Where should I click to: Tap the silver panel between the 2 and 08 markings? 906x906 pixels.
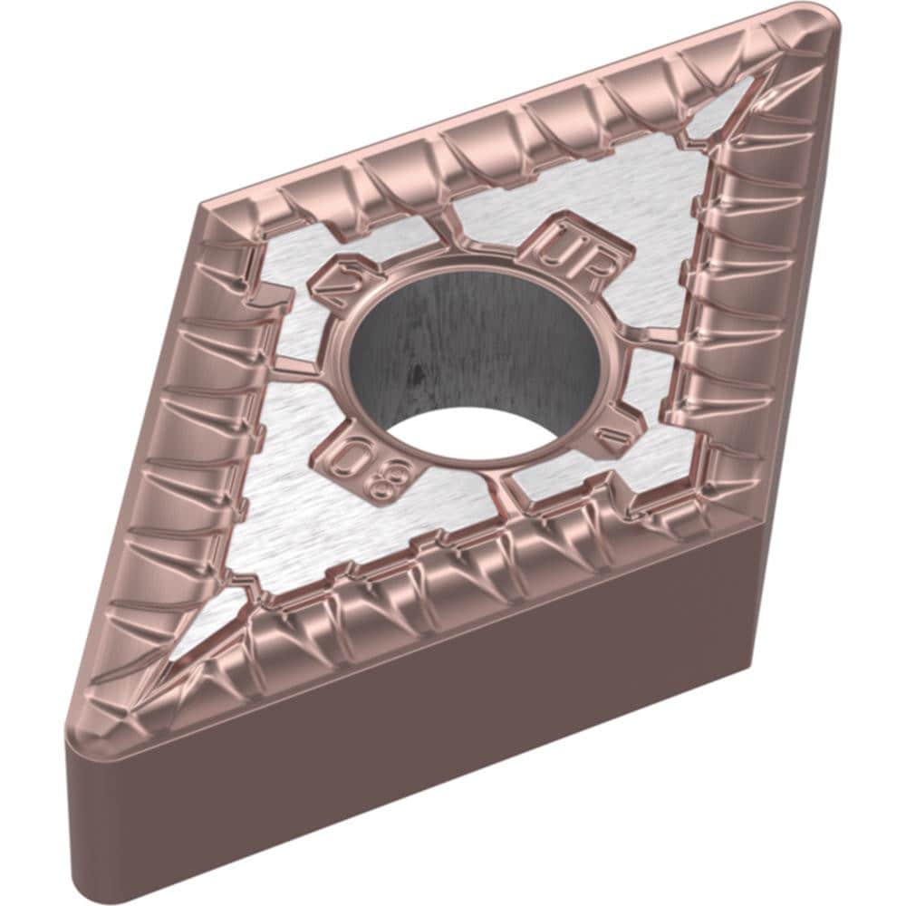tap(299, 426)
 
